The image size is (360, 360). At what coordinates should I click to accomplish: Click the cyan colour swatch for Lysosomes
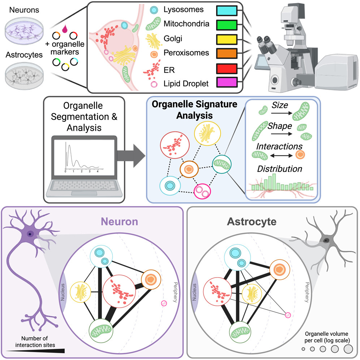(x=226, y=11)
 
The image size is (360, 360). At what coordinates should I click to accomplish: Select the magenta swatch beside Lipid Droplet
(x=226, y=83)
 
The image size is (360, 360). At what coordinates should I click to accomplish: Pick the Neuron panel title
(x=120, y=221)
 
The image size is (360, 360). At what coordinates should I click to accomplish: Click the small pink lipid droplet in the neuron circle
(x=164, y=303)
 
